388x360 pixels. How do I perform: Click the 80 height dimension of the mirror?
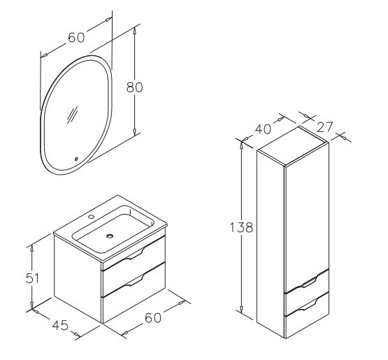tap(134, 87)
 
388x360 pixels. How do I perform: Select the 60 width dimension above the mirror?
tap(76, 38)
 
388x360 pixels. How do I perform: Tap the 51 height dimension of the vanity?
tap(32, 278)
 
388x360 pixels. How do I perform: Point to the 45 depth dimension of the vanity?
tap(60, 325)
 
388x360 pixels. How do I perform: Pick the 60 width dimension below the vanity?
tap(153, 317)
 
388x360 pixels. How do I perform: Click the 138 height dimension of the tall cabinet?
tap(241, 227)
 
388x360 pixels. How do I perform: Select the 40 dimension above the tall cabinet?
tap(263, 129)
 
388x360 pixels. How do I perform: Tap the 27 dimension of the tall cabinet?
tap(324, 127)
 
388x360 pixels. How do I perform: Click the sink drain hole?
tap(110, 236)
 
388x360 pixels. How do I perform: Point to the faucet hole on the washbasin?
tap(92, 217)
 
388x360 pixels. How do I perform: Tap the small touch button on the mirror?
tap(76, 159)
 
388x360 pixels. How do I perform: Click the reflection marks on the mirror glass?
tap(72, 115)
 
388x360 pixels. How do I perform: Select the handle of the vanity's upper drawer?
tap(133, 255)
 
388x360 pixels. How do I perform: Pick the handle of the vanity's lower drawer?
tap(133, 281)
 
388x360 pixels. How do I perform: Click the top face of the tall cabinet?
tap(293, 145)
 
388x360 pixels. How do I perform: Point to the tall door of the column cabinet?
tap(307, 217)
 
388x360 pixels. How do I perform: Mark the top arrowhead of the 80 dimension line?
tap(135, 31)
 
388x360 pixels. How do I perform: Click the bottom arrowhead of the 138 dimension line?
tap(241, 308)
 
